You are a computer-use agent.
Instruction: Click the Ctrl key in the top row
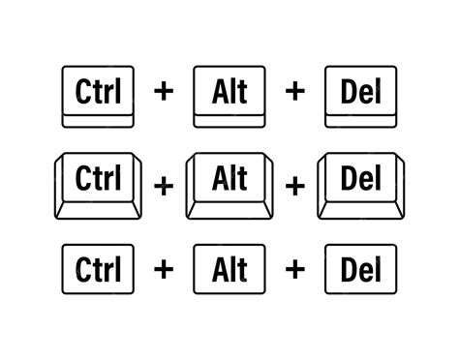coord(97,95)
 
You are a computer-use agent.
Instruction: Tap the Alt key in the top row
coord(229,95)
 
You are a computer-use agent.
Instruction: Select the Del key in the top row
coord(361,95)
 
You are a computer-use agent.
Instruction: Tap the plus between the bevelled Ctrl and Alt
coord(163,184)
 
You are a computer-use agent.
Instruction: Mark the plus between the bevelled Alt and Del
coord(295,184)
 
